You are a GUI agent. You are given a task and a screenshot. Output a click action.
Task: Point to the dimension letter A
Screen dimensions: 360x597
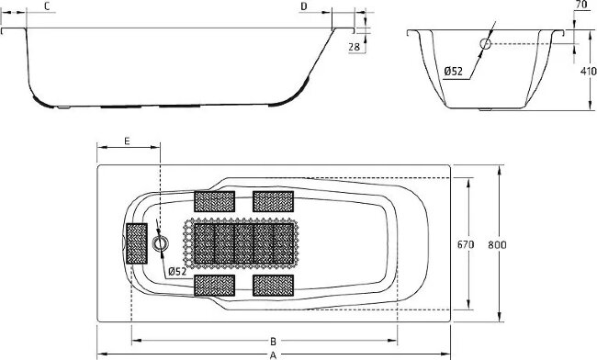273,354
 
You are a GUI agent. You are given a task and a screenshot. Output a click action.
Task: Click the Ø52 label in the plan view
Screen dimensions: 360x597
177,271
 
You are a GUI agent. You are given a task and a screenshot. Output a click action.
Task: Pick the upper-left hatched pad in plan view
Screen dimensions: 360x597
214,200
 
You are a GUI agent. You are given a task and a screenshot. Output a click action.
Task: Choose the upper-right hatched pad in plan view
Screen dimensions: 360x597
273,200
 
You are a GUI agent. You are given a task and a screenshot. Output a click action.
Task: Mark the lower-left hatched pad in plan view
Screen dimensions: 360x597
214,284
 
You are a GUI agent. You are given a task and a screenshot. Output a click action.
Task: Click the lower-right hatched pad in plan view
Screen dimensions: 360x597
273,284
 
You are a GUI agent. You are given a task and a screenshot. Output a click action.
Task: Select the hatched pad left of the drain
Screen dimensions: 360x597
137,242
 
